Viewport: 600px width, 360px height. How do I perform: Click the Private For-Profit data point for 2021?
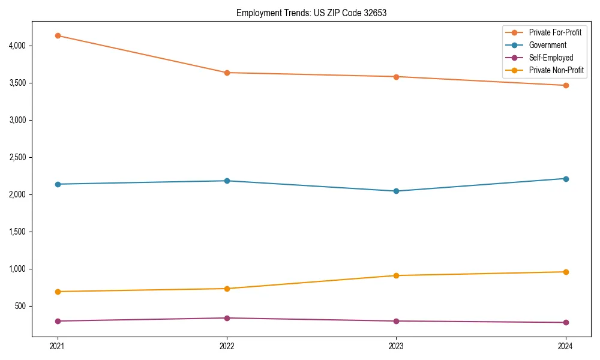[58, 35]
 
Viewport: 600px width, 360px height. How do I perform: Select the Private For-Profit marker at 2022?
[227, 73]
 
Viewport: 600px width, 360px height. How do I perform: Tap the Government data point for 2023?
[396, 191]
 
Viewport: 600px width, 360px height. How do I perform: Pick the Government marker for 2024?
[566, 179]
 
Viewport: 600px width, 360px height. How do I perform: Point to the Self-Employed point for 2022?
[227, 318]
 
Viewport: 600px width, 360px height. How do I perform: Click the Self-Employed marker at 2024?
[566, 322]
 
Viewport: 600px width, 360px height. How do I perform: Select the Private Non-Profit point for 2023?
[396, 275]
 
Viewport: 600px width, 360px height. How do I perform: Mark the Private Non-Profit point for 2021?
[58, 292]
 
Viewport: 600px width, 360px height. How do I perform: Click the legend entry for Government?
[547, 45]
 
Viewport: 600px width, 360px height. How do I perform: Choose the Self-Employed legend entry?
[551, 58]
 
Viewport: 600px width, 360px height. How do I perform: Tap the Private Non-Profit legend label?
[556, 70]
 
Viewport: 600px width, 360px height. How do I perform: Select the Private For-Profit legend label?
[555, 32]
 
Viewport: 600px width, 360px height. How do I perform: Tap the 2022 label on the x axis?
[227, 346]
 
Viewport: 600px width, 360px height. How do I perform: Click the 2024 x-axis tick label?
[566, 346]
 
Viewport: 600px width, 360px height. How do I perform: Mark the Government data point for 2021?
[58, 184]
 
